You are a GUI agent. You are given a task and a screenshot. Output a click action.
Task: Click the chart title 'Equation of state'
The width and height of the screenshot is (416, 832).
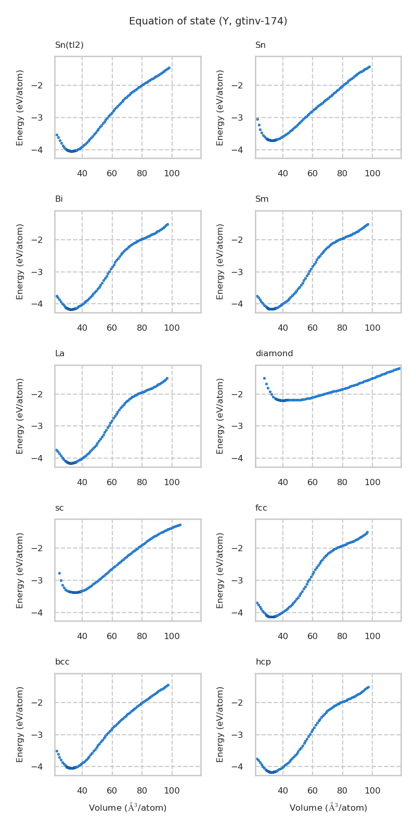pos(208,21)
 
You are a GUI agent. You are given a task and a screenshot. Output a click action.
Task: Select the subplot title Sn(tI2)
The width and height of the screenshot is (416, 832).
pos(69,45)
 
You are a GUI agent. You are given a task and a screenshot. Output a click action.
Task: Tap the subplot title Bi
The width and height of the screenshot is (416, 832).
pos(59,199)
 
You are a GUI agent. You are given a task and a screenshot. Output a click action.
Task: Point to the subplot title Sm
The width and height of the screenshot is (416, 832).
pos(262,199)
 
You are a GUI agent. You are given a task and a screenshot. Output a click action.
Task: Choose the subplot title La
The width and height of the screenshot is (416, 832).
pos(60,354)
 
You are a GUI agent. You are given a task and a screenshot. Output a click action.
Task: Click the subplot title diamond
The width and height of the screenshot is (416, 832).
pos(274,354)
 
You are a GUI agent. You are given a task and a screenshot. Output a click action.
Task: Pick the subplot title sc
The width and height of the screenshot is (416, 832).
pos(59,508)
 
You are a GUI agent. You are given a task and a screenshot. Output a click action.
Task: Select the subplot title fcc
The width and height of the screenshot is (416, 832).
pos(261,508)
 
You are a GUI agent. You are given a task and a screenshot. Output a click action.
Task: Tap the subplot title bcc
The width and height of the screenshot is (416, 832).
pos(62,662)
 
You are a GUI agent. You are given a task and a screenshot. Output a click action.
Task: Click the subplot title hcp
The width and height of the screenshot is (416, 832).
pos(263,662)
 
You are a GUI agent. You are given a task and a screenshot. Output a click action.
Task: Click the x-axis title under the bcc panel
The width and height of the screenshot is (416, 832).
pos(127,808)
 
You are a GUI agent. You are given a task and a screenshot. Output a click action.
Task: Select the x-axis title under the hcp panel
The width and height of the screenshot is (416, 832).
pos(328,808)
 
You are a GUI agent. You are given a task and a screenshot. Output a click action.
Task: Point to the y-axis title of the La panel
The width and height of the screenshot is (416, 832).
pos(20,415)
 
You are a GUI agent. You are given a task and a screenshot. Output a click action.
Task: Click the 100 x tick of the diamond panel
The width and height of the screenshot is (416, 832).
pos(372,482)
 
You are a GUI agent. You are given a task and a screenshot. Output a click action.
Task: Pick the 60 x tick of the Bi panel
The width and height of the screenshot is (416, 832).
pos(112,328)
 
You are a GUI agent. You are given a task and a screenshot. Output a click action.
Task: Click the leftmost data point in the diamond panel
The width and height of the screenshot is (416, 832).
pos(264,378)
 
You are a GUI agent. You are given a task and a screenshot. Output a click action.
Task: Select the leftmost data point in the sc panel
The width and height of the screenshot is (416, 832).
pos(59,573)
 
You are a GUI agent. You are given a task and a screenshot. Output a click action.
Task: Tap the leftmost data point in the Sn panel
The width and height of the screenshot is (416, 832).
pos(257,119)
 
